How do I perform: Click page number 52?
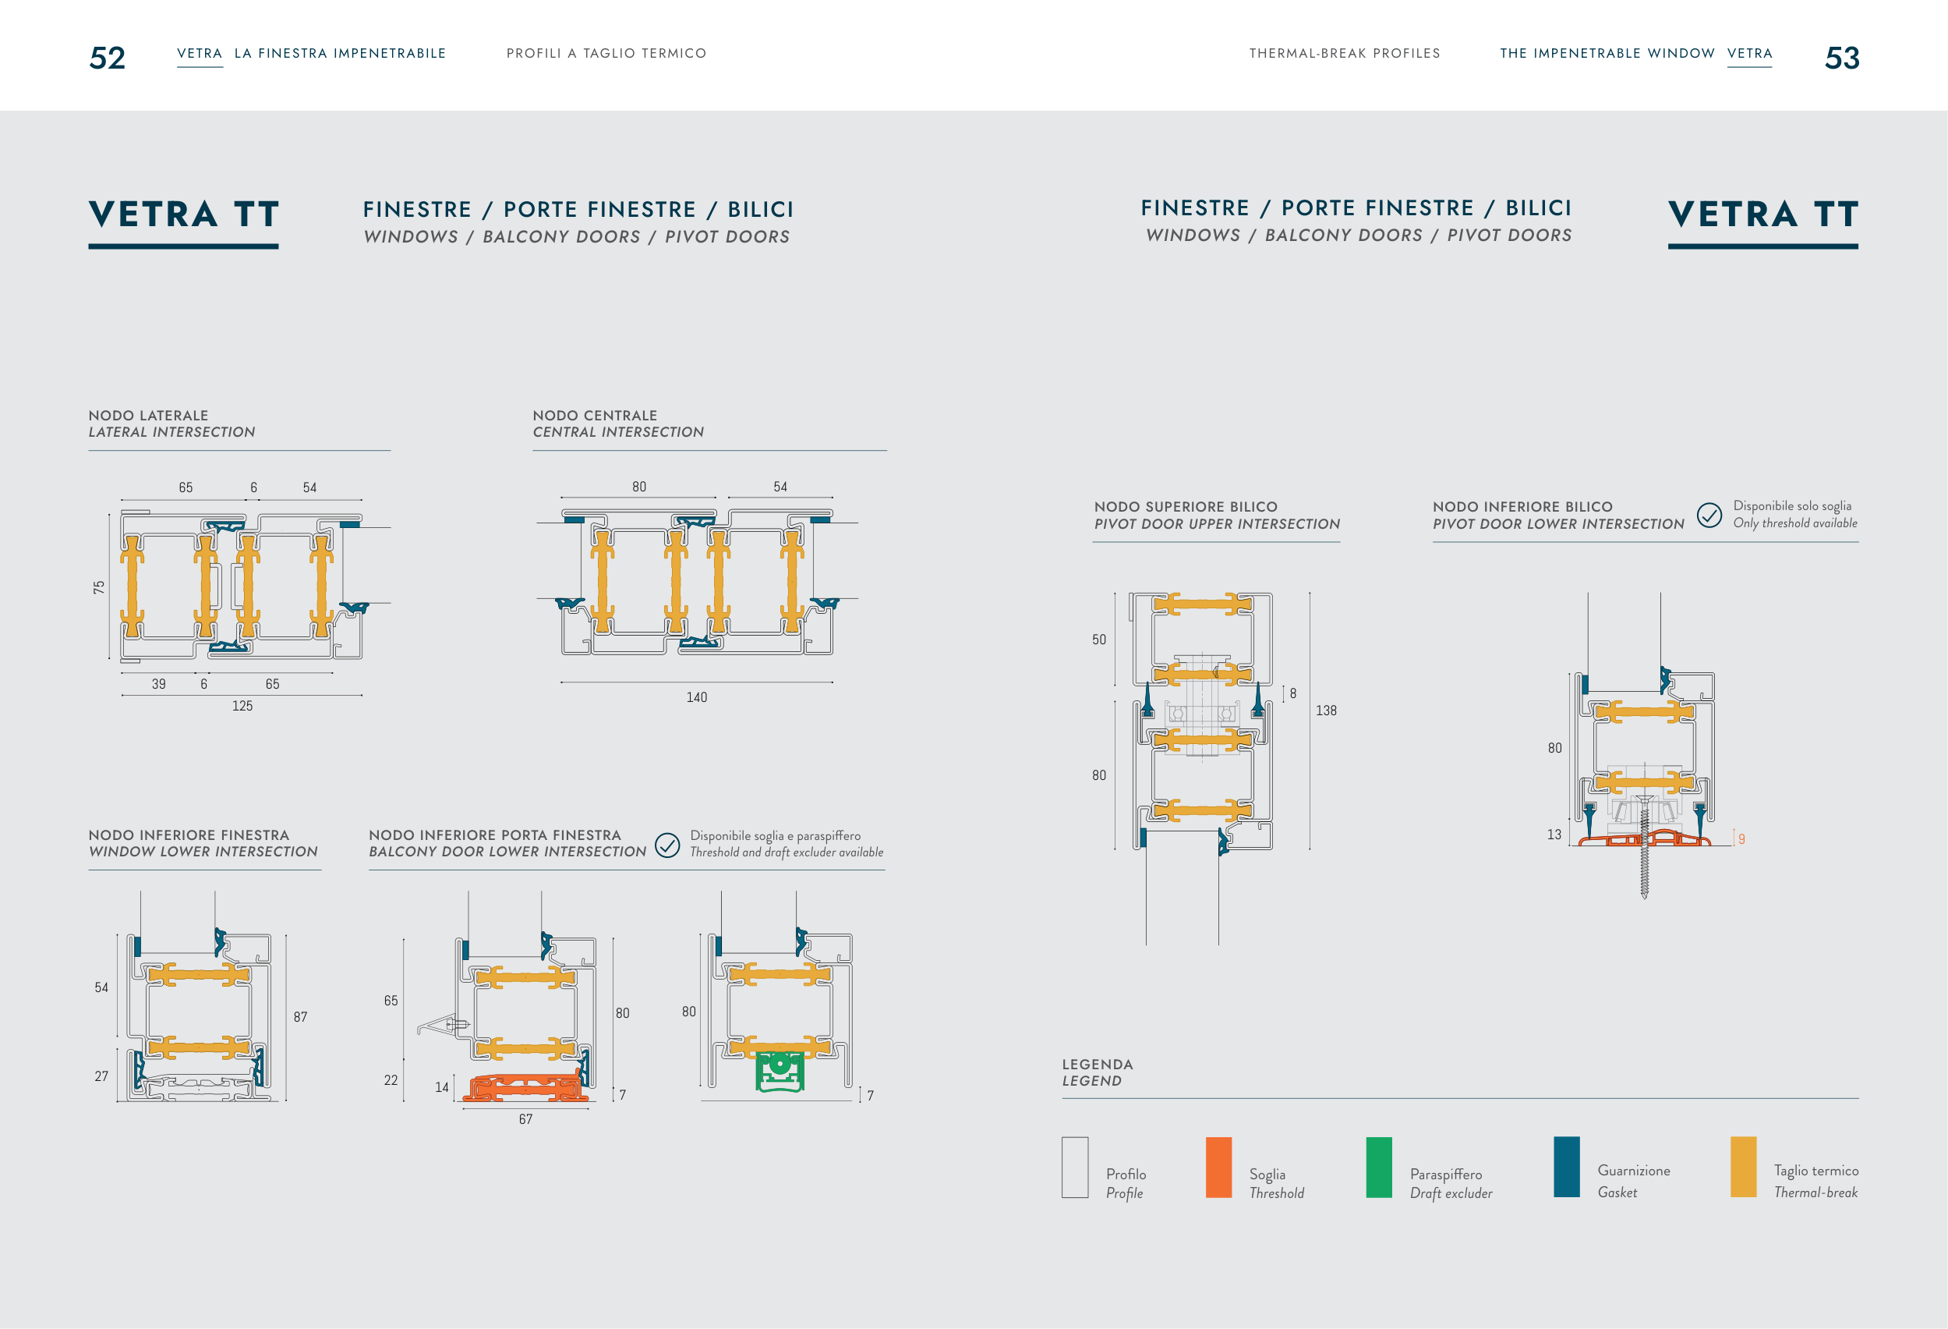[108, 58]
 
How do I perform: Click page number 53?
[1841, 58]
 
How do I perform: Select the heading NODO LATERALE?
[148, 415]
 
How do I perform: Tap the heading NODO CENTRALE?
[595, 415]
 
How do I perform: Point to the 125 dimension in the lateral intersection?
[242, 706]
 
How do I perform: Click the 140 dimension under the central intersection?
[697, 697]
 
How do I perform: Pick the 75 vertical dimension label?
[99, 588]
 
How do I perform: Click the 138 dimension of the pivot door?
[1326, 711]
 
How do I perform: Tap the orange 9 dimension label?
[1741, 839]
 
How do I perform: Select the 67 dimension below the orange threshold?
[525, 1119]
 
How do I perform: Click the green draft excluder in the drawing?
[780, 1072]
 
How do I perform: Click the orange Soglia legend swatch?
[1218, 1168]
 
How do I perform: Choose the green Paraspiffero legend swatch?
[1379, 1168]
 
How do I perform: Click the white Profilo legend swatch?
[1075, 1168]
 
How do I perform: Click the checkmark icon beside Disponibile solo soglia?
[1709, 515]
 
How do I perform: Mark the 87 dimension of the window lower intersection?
[300, 1017]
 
